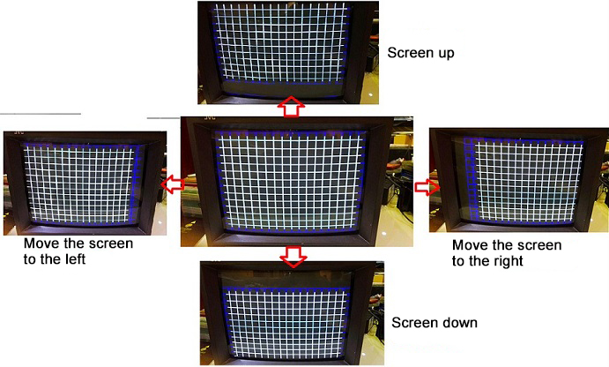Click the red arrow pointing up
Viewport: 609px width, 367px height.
pyautogui.click(x=291, y=107)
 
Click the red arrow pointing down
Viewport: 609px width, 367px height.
pyautogui.click(x=293, y=257)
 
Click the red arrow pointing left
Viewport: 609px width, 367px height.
pyautogui.click(x=173, y=184)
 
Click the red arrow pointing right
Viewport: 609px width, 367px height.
pyautogui.click(x=427, y=187)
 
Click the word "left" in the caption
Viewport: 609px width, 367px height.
pyautogui.click(x=72, y=258)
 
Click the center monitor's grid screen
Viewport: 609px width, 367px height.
pyautogui.click(x=291, y=180)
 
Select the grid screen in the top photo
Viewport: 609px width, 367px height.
pyautogui.click(x=279, y=43)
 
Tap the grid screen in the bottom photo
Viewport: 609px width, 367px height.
pyautogui.click(x=287, y=322)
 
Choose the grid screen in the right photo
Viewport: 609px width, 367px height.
pyautogui.click(x=524, y=181)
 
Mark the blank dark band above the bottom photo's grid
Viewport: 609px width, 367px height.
pyautogui.click(x=286, y=279)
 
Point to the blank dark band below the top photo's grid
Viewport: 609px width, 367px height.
pyautogui.click(x=283, y=89)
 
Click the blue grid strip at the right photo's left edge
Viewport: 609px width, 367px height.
pyautogui.click(x=472, y=179)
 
